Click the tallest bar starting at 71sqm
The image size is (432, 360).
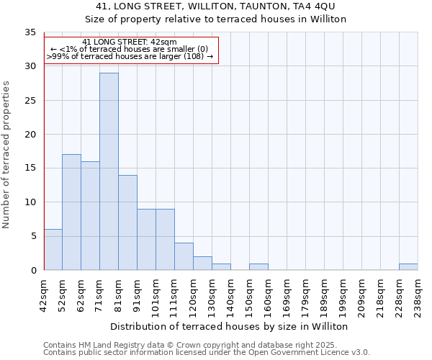pos(109,171)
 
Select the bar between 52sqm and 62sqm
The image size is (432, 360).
pos(71,212)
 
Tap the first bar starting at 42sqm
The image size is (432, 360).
pos(53,249)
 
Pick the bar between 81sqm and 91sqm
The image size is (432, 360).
pos(127,222)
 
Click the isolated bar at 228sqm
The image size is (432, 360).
pos(408,266)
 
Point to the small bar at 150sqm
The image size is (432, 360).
pos(258,266)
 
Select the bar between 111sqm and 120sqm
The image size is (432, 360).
pos(184,256)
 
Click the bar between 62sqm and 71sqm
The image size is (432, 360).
pos(90,215)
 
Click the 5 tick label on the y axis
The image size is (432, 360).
pos(32,236)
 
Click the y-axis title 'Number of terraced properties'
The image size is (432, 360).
pos(7,154)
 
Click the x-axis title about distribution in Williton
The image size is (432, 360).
pos(230,326)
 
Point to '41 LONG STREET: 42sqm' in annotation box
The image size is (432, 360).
pos(130,42)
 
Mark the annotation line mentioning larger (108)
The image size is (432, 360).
pos(130,56)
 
